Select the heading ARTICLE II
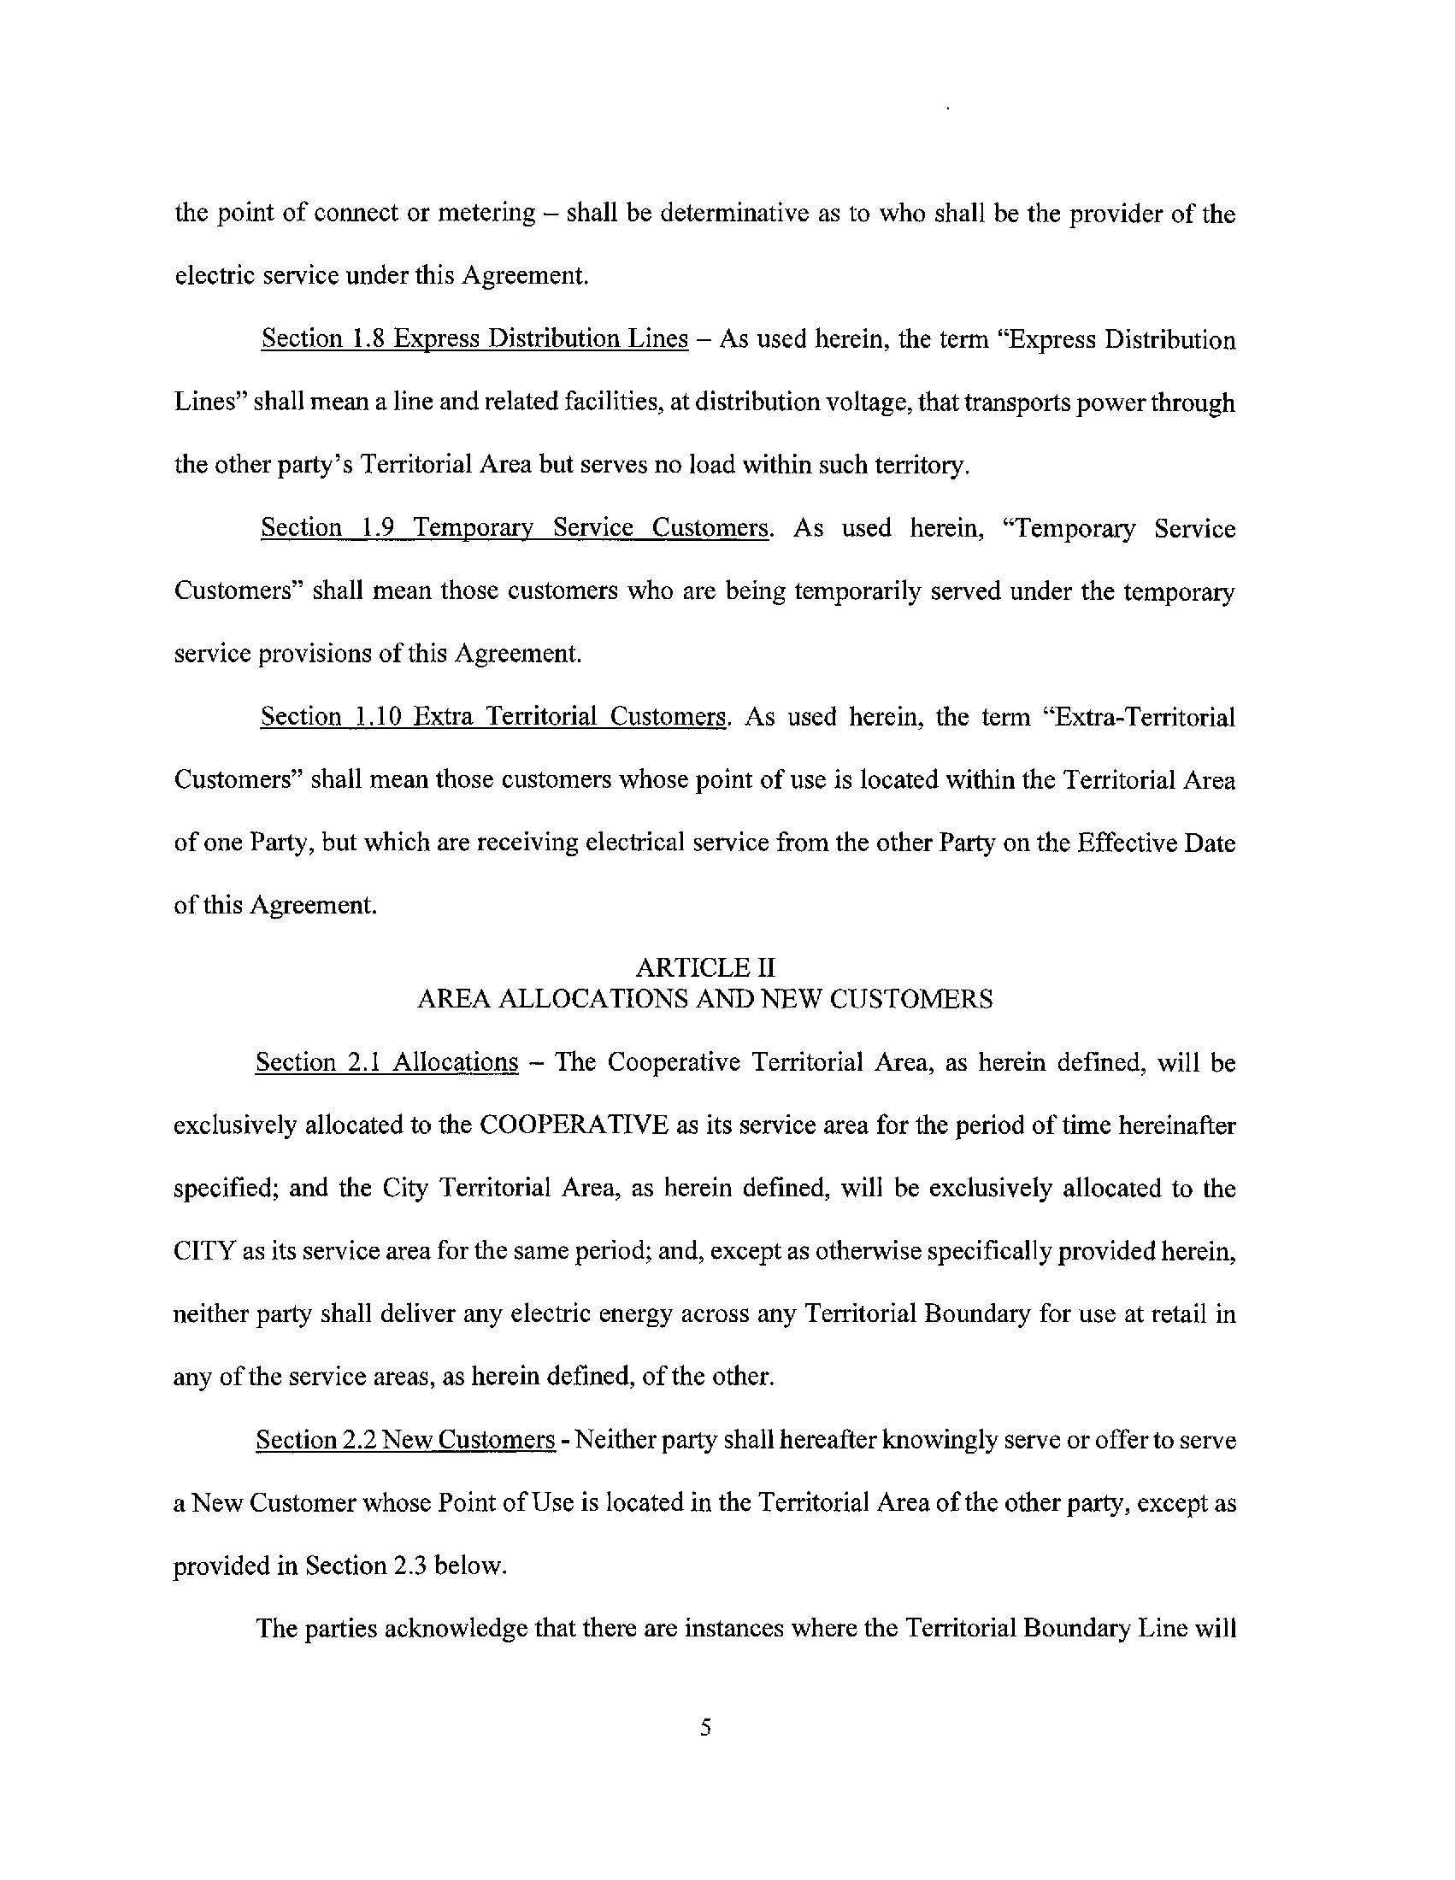coord(704,967)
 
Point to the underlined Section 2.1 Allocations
coord(386,1062)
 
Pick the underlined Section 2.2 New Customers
coord(404,1439)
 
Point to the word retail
coord(1179,1314)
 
